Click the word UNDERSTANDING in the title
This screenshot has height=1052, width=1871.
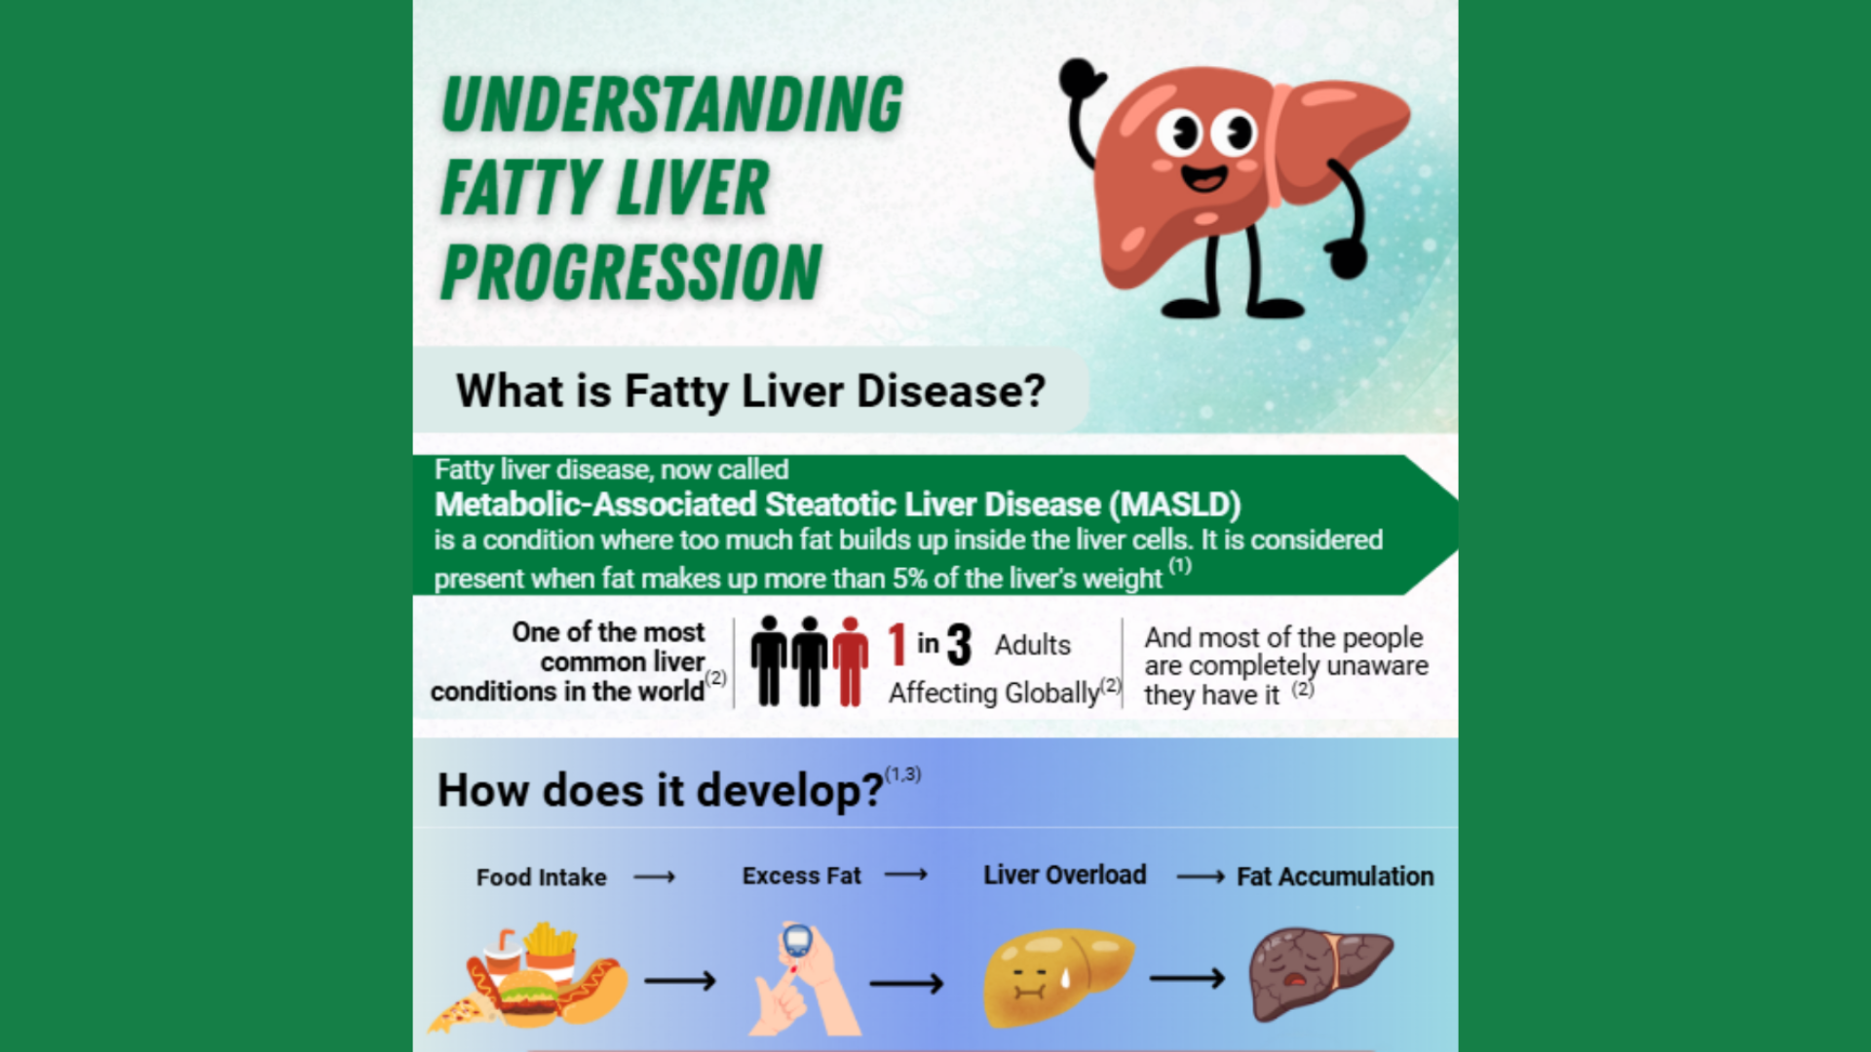(x=672, y=104)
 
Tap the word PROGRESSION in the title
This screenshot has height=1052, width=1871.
(x=631, y=273)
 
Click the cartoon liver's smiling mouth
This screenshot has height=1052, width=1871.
(x=1204, y=177)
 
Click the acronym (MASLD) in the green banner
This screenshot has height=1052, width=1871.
(x=1174, y=505)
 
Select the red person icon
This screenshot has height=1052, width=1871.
(x=850, y=661)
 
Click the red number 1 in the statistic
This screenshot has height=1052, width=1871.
(x=897, y=644)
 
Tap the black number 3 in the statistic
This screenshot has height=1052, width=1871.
(x=960, y=644)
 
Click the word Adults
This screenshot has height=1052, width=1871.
(x=1033, y=645)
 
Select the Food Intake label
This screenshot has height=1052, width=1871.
(x=541, y=878)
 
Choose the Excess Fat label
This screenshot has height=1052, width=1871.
(x=802, y=876)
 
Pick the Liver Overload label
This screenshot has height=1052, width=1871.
(x=1065, y=875)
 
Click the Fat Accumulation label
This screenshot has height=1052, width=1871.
(x=1335, y=877)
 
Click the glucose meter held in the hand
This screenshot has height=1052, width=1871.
(x=797, y=941)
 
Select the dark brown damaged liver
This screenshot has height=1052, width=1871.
(x=1320, y=973)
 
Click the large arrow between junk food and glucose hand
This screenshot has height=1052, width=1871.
(x=680, y=980)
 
